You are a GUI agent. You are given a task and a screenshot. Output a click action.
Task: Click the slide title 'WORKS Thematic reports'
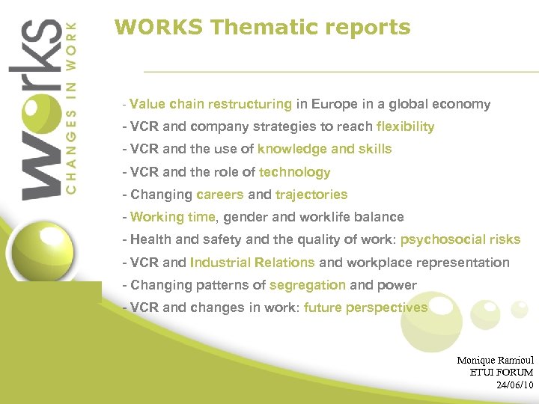262,28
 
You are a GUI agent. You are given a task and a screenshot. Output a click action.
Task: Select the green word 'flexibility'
405,127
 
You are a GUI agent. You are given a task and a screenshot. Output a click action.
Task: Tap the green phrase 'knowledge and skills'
324,150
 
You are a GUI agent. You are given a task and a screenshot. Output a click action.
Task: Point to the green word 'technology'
294,172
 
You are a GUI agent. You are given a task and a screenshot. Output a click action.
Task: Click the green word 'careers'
220,195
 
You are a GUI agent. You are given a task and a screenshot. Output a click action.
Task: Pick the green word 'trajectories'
311,195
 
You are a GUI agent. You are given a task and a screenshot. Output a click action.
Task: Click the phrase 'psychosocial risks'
460,240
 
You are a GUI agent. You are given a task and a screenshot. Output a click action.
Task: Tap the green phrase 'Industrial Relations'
252,263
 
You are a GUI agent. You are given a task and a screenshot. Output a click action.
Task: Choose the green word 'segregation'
307,285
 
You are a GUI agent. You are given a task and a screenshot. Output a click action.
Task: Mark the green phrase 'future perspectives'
365,307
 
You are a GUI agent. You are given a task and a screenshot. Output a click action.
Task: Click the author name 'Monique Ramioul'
495,361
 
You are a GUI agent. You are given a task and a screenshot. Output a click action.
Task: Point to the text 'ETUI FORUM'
501,373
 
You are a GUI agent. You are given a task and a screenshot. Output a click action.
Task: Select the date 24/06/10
514,385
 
